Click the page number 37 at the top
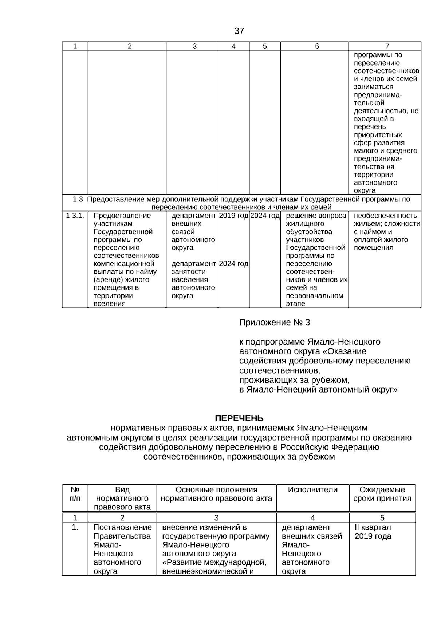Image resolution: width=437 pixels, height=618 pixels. point(239,31)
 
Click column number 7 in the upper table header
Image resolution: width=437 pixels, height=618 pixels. point(387,46)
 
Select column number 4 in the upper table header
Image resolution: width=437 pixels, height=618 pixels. point(233,46)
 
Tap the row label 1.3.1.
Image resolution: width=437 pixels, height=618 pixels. point(75,216)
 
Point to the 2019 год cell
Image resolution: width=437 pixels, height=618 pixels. point(233,216)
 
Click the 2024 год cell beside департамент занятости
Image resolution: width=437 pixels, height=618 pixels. point(233,264)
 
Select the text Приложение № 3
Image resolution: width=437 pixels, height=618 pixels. point(274,323)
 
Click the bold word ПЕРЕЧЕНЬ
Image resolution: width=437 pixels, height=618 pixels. point(239,418)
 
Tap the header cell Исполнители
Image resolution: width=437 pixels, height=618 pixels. point(312,490)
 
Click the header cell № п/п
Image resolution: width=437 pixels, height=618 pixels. point(75,494)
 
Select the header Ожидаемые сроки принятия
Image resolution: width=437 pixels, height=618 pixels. point(382,494)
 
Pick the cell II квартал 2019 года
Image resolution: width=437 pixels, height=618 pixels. point(373,532)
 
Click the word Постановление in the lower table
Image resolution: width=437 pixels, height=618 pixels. point(122,527)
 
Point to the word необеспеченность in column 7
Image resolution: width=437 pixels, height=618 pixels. point(385,216)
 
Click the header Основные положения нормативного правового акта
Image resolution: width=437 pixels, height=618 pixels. point(216,494)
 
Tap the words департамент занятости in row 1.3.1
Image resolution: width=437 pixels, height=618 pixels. point(193,268)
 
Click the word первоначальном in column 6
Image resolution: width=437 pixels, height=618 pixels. point(315,296)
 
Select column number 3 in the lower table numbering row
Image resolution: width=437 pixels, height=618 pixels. point(216,518)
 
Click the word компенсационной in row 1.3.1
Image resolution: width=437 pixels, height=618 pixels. point(124,264)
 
